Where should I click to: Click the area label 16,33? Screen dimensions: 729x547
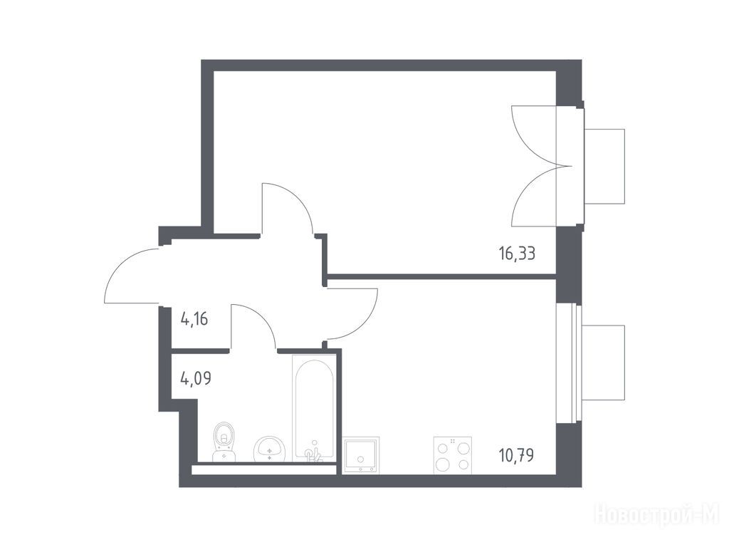pyautogui.click(x=517, y=254)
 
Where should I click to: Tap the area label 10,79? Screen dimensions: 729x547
pyautogui.click(x=516, y=454)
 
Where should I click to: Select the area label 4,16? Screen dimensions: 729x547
pyautogui.click(x=194, y=320)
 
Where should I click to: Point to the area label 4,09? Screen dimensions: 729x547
pyautogui.click(x=195, y=378)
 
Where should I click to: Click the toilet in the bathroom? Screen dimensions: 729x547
pyautogui.click(x=224, y=442)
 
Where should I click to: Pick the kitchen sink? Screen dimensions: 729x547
pyautogui.click(x=361, y=454)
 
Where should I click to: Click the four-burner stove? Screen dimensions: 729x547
pyautogui.click(x=452, y=455)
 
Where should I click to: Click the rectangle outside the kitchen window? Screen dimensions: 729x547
pyautogui.click(x=604, y=363)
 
